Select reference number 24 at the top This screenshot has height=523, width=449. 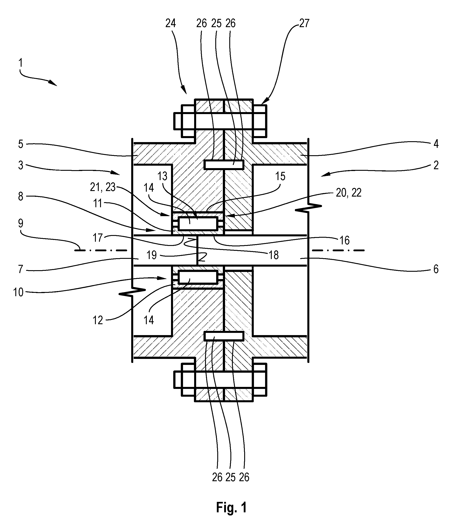coord(171,23)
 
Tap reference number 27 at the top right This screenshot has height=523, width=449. coord(304,23)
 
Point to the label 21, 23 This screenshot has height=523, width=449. coord(103,187)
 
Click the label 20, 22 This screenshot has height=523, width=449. coord(348,193)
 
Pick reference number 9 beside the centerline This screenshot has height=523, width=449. coord(21,223)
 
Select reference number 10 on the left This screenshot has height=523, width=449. coord(18,292)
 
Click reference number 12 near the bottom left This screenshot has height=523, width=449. coord(98,320)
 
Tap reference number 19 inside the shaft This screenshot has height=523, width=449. coord(152,255)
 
